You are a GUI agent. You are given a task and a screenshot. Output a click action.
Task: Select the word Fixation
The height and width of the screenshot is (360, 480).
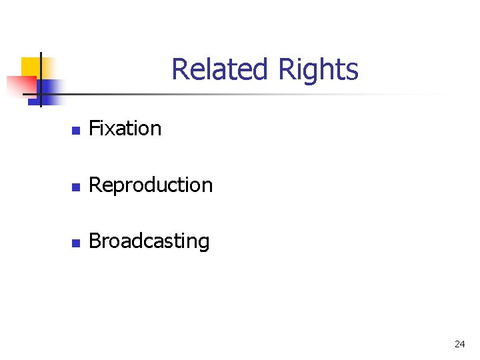tap(125, 128)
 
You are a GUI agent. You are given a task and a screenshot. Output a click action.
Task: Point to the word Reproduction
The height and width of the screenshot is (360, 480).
tap(151, 185)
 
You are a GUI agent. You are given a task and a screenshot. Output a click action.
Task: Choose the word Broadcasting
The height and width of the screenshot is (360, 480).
tap(149, 241)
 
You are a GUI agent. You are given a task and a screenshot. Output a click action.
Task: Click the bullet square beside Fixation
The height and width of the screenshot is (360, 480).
tap(75, 129)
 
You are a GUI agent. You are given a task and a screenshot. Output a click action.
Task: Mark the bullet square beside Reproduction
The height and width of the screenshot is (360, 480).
tap(75, 186)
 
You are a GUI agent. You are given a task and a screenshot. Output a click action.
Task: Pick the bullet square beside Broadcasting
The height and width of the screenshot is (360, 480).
tap(75, 243)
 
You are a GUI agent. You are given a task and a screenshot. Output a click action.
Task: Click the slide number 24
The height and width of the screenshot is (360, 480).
tap(459, 344)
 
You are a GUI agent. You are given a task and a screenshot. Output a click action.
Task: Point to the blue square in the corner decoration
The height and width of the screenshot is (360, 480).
tap(51, 87)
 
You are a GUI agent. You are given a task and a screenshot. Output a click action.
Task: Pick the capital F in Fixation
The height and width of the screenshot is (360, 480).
tap(93, 128)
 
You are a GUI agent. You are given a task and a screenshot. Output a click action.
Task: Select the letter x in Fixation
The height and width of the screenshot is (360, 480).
tap(109, 129)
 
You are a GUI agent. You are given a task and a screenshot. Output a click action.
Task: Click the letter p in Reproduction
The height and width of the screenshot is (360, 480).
tap(113, 187)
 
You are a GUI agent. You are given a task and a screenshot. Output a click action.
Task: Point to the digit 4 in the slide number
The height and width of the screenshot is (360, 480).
tap(462, 344)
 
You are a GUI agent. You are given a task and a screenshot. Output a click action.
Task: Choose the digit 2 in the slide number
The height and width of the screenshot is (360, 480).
tap(457, 344)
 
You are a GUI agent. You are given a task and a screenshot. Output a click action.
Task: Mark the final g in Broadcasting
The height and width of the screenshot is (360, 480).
tap(203, 243)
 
